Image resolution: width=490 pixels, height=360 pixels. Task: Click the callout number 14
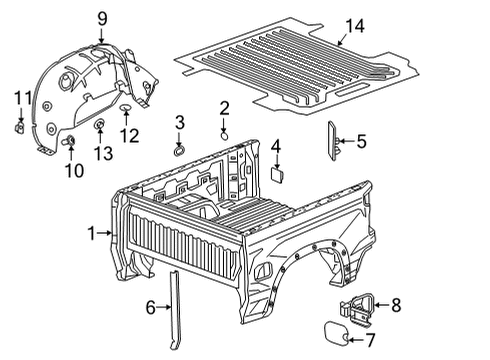[x=355, y=26]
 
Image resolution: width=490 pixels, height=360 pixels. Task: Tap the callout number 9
[x=102, y=19]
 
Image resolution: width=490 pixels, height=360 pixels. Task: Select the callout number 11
[x=23, y=98]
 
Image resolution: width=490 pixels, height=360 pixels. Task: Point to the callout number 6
[x=151, y=307]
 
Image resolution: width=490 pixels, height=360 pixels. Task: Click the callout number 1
[x=91, y=233]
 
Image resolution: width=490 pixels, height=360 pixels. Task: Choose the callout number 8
[x=396, y=305]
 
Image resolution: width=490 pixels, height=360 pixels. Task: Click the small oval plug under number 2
[x=225, y=136]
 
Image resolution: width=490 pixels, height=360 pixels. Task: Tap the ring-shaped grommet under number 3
[x=179, y=151]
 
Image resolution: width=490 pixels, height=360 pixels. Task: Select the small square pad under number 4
[x=277, y=175]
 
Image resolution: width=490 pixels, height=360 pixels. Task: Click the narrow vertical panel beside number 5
[x=332, y=141]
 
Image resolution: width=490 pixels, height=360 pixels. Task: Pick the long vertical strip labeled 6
[x=175, y=310]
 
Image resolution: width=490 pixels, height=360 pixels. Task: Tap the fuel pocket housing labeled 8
[x=357, y=309]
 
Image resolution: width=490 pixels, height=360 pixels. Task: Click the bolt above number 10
[x=69, y=141]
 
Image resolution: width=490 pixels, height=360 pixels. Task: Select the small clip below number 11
[x=20, y=128]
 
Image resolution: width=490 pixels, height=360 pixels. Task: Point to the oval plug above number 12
[x=126, y=107]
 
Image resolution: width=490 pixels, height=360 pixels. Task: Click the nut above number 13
[x=100, y=124]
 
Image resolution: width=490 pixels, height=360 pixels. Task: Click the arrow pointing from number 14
[x=342, y=39]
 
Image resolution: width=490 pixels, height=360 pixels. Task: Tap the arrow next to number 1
[x=104, y=233]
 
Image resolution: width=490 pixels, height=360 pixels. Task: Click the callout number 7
[x=370, y=340]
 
